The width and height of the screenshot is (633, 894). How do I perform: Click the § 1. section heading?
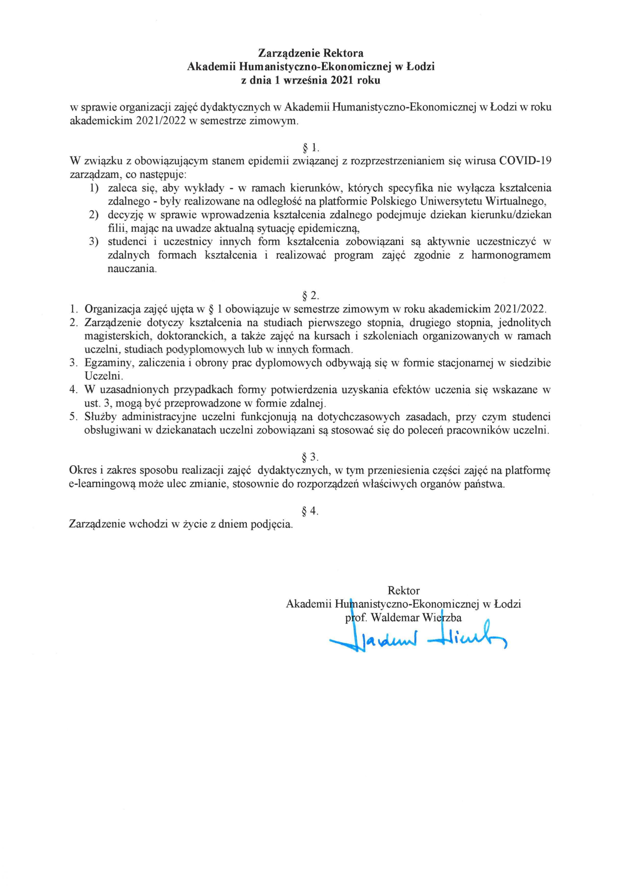point(311,148)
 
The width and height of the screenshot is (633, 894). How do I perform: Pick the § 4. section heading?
point(311,511)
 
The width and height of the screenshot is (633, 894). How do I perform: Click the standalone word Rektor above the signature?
point(404,590)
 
